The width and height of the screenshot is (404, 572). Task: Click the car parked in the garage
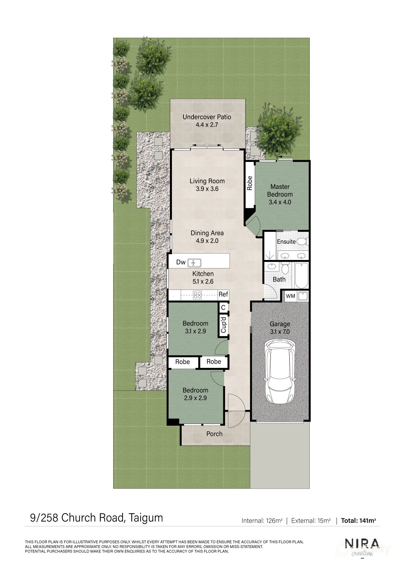[280, 372]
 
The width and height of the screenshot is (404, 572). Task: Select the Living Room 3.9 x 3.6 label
[207, 185]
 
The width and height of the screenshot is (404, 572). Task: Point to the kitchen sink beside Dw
[194, 262]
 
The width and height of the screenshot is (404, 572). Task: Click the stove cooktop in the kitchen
[197, 295]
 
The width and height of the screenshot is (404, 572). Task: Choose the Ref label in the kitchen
[223, 294]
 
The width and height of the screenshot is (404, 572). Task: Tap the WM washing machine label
[291, 296]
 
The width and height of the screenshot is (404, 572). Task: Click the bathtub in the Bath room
[301, 276]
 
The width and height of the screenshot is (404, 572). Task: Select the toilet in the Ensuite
[303, 241]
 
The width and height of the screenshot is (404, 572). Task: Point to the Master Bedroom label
[280, 191]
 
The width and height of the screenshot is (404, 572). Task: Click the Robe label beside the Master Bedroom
[250, 183]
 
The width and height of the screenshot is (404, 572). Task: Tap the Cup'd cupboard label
[223, 324]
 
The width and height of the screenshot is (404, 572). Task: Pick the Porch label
[214, 434]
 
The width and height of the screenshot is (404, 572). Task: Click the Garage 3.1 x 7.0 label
[280, 328]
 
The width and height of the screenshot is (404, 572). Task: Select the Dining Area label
[207, 237]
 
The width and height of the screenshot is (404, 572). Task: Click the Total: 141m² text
[358, 521]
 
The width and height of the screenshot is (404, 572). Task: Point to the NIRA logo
[362, 544]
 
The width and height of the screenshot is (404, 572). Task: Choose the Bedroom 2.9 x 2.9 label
[195, 394]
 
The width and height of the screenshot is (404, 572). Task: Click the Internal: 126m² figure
[262, 521]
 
